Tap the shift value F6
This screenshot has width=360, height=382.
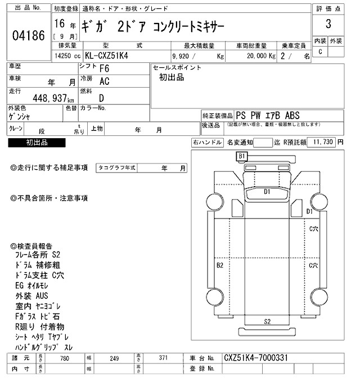coord(104,69)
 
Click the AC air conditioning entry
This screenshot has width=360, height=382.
coord(104,81)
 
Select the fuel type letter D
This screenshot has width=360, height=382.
coord(102,97)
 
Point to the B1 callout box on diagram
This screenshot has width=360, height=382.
coord(242,155)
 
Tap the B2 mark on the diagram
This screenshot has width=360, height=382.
coord(220,264)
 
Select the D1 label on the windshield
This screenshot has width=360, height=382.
coord(268,192)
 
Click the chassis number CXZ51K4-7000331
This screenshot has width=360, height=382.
coord(256,358)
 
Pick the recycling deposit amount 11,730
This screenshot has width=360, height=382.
coord(323,143)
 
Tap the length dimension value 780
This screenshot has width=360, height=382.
coord(65,358)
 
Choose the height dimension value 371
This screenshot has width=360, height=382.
coord(163,358)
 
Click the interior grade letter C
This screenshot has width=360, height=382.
coord(320,52)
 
